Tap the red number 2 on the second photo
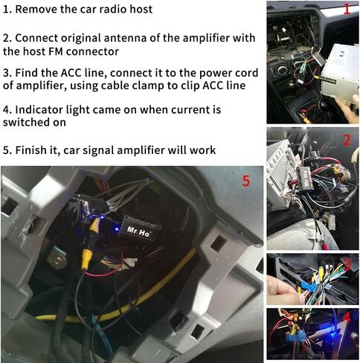coord(346,140)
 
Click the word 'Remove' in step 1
coord(38,9)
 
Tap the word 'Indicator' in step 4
coord(43,110)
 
